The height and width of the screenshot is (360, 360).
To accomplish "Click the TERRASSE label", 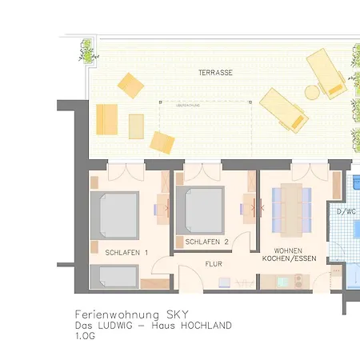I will click(x=216, y=72).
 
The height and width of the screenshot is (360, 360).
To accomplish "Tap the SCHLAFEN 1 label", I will click(x=122, y=253).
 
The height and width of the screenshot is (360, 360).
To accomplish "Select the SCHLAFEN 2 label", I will click(x=207, y=241).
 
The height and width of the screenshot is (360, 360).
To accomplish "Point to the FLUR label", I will click(x=214, y=263).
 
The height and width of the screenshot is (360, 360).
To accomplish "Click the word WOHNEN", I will click(x=287, y=250).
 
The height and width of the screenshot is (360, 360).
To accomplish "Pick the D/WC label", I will click(x=346, y=212).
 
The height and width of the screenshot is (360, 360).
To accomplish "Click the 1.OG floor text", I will click(x=84, y=337).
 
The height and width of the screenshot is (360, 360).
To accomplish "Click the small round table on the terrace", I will click(x=311, y=90).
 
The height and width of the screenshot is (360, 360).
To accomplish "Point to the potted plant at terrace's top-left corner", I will click(x=86, y=52).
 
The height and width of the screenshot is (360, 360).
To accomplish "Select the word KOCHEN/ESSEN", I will click(x=287, y=259).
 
